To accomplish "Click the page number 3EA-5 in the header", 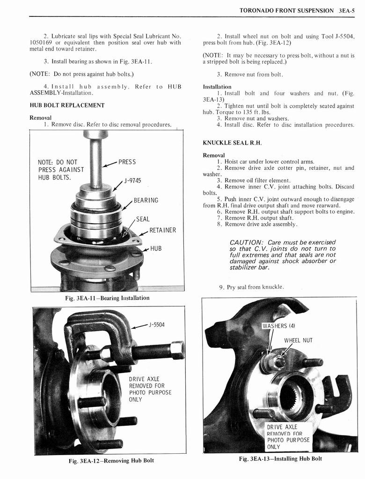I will [x=347, y=10].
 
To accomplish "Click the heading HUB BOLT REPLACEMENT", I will [x=67, y=105].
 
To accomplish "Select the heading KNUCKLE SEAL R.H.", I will [x=232, y=142].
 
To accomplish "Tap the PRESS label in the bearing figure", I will [x=127, y=162].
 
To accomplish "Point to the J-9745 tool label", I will [x=132, y=181].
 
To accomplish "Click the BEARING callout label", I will [x=146, y=200].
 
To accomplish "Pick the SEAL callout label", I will [x=143, y=219].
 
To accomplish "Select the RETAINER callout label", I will [x=162, y=230].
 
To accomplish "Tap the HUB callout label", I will [x=156, y=248].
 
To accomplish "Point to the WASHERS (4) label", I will [x=278, y=326].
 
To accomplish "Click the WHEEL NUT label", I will [x=298, y=340].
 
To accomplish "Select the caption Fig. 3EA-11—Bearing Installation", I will [x=108, y=298].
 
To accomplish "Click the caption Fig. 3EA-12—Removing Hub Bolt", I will [x=111, y=461].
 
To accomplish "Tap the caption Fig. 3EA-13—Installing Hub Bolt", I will [x=280, y=458].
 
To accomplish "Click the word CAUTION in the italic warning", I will [x=247, y=242].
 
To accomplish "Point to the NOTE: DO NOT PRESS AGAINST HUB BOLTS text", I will [x=61, y=170].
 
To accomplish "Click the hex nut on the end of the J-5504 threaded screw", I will [x=177, y=349].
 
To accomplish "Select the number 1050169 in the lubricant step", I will [x=42, y=43].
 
